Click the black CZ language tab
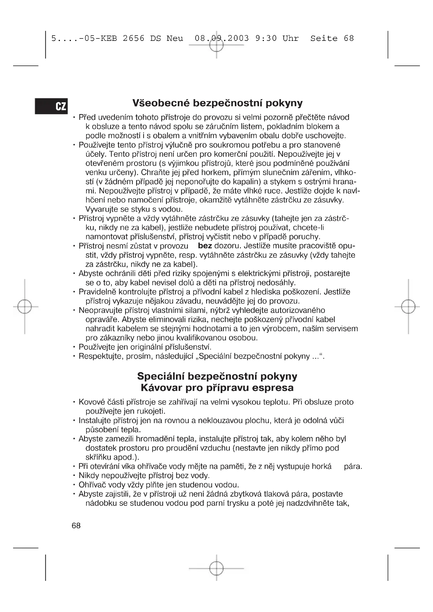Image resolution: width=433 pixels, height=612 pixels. coord(51,106)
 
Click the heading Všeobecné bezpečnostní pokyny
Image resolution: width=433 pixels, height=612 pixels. coord(217,103)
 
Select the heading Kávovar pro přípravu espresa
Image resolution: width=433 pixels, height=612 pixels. coord(217,388)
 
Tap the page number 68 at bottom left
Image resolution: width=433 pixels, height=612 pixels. coord(76,526)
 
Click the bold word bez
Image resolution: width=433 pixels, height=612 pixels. coord(205,246)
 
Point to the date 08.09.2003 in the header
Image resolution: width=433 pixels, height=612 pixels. coord(221,39)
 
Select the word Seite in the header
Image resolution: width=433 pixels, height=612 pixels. coord(324,39)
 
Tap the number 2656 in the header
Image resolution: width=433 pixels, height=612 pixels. coord(134,39)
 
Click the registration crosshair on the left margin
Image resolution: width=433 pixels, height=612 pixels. coord(25,307)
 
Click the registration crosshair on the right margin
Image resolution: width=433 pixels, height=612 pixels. coord(408,307)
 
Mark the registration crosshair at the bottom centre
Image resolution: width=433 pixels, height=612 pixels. coord(216,569)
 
